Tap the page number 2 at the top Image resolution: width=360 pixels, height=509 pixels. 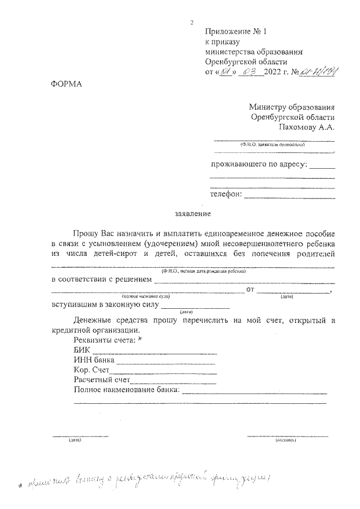192,22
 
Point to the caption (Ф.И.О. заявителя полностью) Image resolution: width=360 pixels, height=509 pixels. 272,145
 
